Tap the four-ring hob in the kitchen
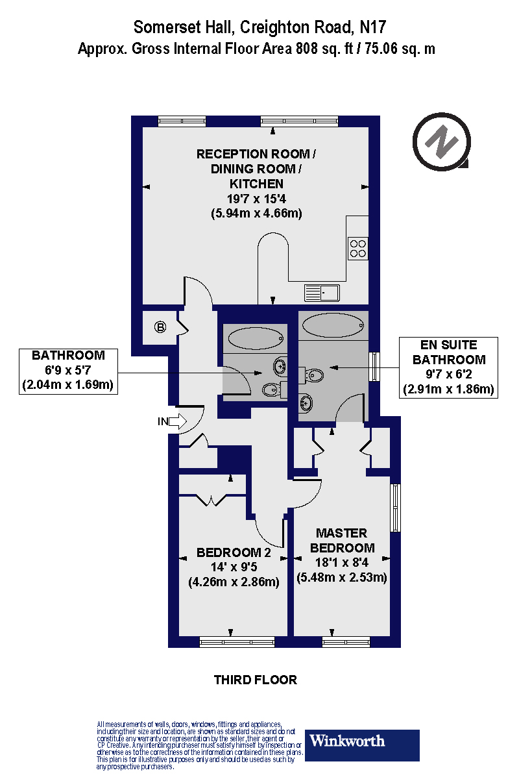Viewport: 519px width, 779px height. (357, 247)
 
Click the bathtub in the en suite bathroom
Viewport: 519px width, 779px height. (332, 324)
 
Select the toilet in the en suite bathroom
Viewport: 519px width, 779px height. (315, 375)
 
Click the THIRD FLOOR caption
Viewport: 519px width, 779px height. (256, 680)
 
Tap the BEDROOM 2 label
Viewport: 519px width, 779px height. (233, 553)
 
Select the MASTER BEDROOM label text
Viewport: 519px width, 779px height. (342, 540)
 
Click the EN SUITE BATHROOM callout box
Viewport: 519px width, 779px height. (449, 367)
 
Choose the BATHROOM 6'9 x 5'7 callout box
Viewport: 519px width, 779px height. (68, 371)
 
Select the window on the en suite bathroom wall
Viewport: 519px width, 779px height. (374, 367)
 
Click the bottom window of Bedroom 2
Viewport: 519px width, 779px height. (232, 642)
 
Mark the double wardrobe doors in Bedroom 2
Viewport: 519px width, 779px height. (213, 499)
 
